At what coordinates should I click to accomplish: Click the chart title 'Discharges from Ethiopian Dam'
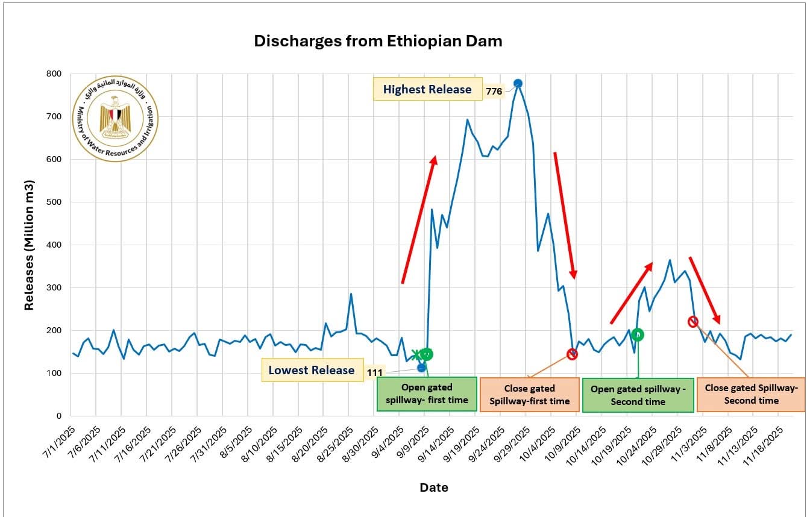point(378,41)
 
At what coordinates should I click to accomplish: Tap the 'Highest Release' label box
point(427,89)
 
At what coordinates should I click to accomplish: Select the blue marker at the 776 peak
point(518,83)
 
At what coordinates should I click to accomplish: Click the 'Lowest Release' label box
point(312,370)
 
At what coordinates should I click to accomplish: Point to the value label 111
point(375,373)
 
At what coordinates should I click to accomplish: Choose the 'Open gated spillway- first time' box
point(427,394)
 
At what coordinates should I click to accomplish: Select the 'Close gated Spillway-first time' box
point(529,395)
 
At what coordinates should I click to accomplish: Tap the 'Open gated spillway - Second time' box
point(638,395)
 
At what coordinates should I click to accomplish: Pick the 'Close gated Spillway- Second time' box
point(751,394)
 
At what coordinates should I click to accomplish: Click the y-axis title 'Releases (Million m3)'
point(29,245)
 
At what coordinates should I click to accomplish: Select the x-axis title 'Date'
point(434,487)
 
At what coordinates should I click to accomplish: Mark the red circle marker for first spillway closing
point(572,354)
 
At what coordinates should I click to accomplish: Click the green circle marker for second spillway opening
point(638,334)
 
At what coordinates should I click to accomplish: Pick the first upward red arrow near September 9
point(419,219)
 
